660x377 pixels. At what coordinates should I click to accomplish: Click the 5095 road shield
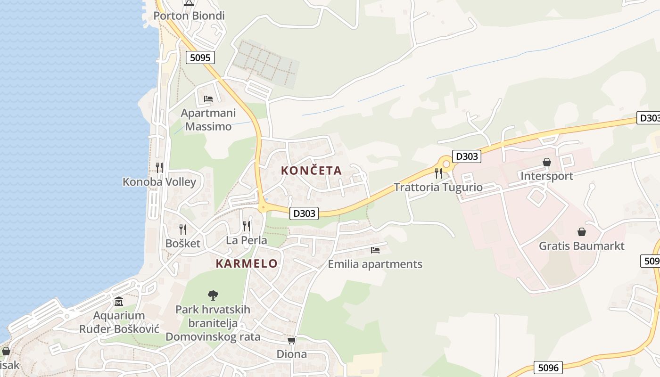tap(200, 57)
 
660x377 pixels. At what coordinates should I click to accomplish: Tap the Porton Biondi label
tap(189, 16)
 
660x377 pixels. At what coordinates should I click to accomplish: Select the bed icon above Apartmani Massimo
tap(208, 99)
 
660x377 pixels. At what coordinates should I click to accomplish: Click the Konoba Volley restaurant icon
tap(159, 167)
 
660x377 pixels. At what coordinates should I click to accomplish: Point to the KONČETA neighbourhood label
tap(311, 171)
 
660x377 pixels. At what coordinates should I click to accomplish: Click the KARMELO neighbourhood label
tap(247, 264)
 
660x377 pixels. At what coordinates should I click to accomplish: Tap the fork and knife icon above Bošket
tap(183, 229)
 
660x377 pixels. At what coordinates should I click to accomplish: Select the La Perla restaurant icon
tap(247, 226)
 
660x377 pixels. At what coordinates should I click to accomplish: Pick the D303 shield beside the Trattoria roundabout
tap(467, 156)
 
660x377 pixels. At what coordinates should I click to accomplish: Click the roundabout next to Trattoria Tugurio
tap(446, 164)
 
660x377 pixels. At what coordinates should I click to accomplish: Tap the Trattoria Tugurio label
tap(438, 188)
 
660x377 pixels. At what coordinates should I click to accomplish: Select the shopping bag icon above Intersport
tap(547, 163)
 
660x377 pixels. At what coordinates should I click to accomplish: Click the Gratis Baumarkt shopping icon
tap(582, 232)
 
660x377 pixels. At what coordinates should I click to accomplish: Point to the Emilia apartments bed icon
tap(375, 250)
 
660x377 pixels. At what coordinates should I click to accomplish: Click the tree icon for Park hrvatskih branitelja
tap(213, 295)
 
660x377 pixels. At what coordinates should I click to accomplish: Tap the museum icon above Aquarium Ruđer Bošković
tap(119, 301)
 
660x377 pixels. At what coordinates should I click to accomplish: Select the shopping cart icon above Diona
tap(291, 340)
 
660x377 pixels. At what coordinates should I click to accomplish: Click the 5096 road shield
tap(548, 367)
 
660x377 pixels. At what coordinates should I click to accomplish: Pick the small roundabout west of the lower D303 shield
tap(263, 207)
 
